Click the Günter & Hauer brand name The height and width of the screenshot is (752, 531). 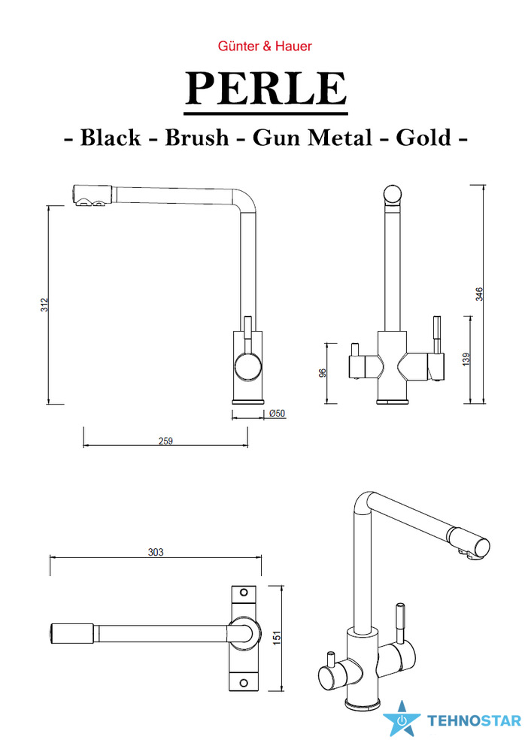tap(265, 46)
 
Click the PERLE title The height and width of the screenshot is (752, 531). tap(265, 88)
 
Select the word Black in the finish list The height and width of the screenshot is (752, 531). tap(111, 138)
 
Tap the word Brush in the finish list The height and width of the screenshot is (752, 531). tap(196, 138)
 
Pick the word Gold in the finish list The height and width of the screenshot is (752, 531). tap(423, 138)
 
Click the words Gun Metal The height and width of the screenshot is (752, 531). tap(312, 138)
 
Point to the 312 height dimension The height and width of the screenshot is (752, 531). tap(44, 305)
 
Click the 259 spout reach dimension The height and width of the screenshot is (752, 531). tap(165, 441)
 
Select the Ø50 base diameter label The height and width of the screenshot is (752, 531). tap(278, 413)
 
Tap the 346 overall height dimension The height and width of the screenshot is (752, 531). tap(479, 294)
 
